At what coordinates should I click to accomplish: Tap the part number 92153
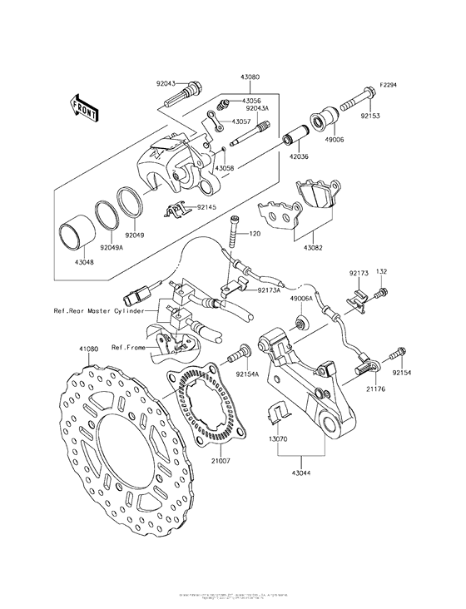pos(369,117)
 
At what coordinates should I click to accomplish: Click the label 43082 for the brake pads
pos(315,248)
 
